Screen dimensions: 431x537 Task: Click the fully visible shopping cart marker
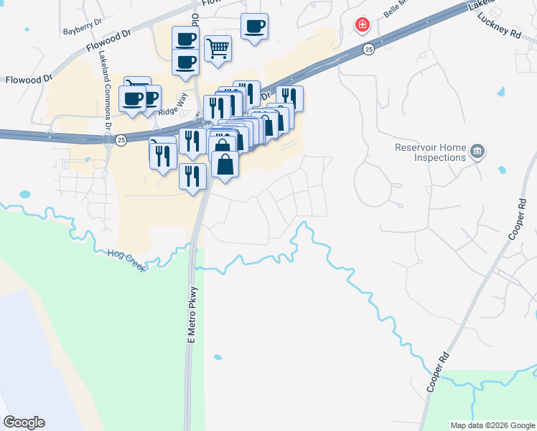tap(218, 49)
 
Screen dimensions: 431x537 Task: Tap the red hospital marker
tap(363, 26)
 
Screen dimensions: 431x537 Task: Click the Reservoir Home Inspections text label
tap(430, 152)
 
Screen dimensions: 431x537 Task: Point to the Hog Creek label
tap(126, 260)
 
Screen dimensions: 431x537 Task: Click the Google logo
tap(24, 422)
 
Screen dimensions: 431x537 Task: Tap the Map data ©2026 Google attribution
tap(492, 425)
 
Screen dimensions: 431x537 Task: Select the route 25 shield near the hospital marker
tap(368, 49)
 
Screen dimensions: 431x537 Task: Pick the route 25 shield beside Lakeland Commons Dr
tap(121, 139)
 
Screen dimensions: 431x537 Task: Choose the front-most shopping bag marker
tap(225, 164)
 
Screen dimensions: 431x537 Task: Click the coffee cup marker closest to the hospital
tap(254, 27)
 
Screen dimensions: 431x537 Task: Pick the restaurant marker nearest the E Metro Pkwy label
tap(192, 175)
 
